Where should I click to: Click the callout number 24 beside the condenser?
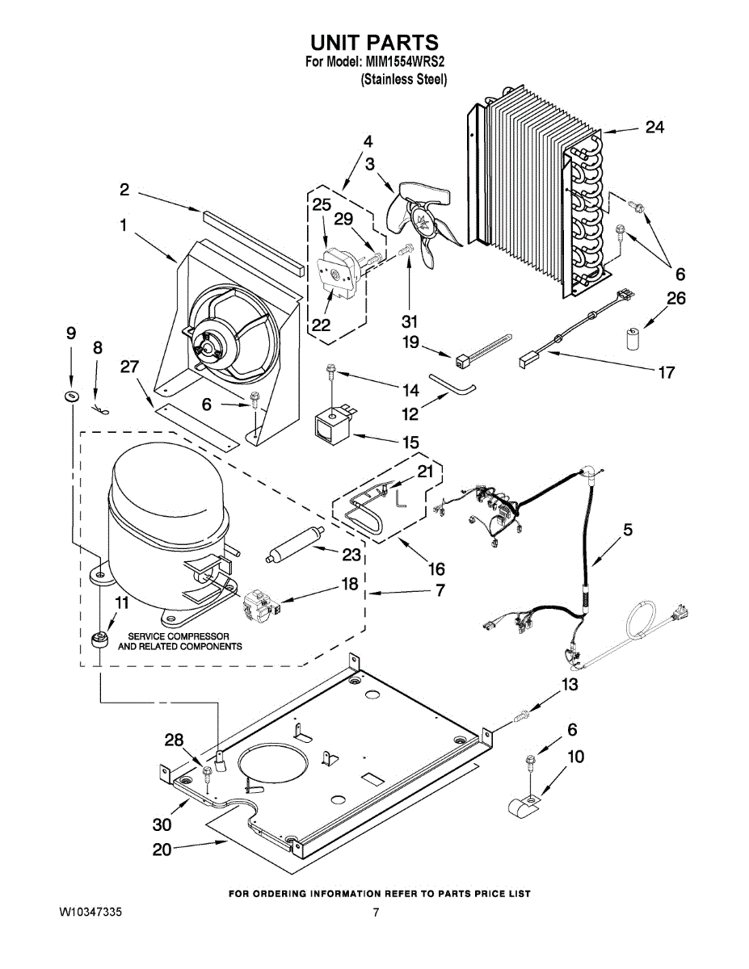point(654,127)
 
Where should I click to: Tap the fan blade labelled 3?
point(420,219)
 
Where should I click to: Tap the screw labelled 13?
point(522,714)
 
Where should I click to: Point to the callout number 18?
point(349,583)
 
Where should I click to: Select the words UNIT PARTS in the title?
point(375,41)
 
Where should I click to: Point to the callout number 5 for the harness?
point(627,530)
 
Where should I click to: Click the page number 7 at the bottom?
point(376,912)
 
